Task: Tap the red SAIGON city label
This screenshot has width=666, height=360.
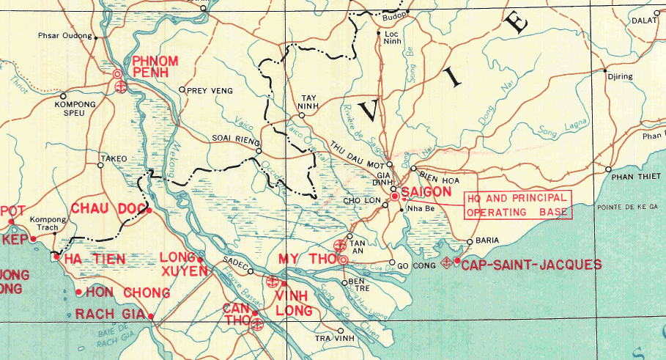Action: [426, 192]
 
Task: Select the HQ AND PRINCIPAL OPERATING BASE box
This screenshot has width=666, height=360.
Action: [517, 205]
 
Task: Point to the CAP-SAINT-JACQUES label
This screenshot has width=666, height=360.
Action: [531, 265]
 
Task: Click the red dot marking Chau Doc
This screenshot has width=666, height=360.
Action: [149, 210]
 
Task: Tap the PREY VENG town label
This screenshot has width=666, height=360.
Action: [210, 90]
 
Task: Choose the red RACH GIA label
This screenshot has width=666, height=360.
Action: [110, 315]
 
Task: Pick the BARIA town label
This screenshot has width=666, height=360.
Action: [487, 240]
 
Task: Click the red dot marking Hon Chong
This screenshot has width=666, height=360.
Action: [78, 292]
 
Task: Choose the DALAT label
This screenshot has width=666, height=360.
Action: [643, 21]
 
